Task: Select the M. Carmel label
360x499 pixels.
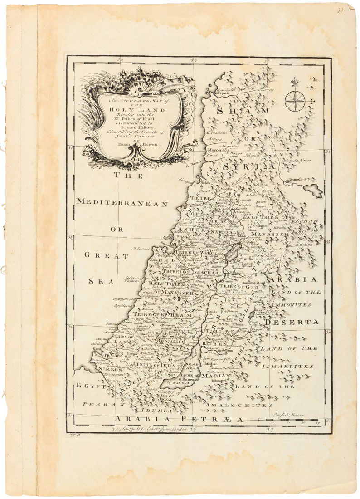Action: pyautogui.click(x=141, y=249)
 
